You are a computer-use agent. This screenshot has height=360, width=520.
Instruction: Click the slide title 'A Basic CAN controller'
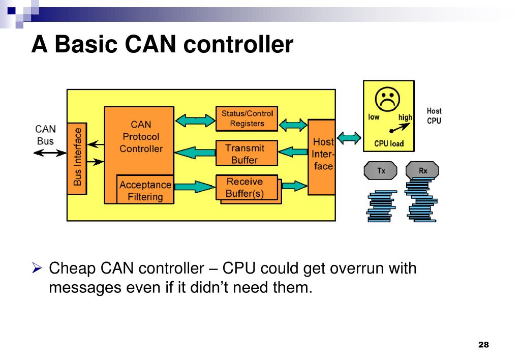coord(162,45)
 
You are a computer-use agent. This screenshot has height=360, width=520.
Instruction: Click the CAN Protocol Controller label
coord(141,136)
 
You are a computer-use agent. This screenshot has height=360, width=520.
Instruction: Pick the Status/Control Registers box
coord(247,118)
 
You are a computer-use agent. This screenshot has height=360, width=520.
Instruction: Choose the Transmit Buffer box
coord(247,154)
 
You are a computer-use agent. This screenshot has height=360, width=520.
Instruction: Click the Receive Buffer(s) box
coord(247,188)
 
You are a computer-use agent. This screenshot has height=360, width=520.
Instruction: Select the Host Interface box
coord(322,154)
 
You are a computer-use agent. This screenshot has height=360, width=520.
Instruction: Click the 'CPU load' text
coord(388,144)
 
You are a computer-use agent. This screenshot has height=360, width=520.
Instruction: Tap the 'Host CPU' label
coord(434,116)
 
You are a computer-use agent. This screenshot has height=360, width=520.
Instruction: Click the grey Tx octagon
coord(381,171)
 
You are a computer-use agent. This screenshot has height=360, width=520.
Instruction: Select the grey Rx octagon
coord(422,171)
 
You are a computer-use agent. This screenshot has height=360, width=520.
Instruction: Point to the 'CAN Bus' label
coord(45,135)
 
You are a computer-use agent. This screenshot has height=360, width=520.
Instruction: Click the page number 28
coord(483,345)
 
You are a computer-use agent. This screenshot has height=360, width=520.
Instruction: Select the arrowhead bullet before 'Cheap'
coord(36,268)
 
